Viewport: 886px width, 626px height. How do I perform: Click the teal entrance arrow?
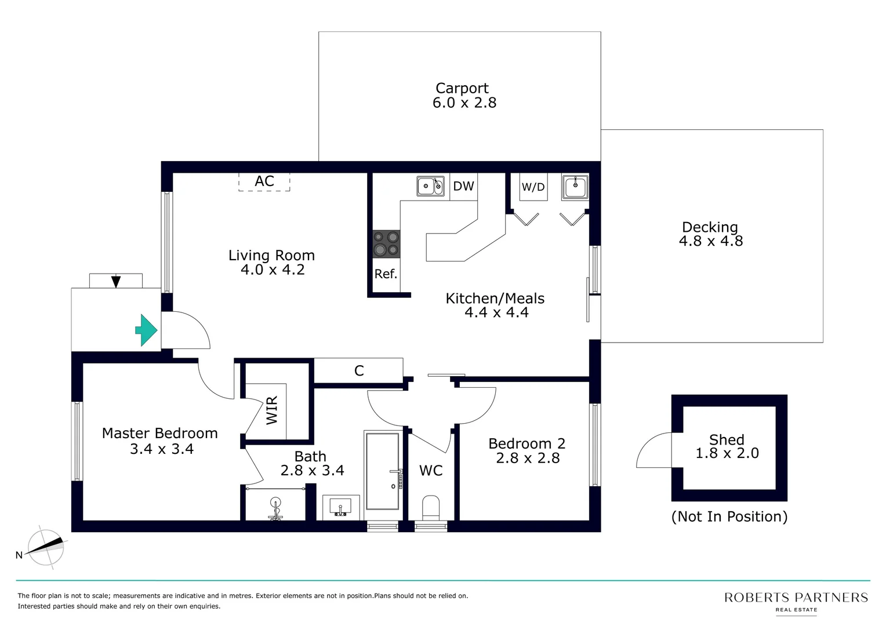pyautogui.click(x=146, y=330)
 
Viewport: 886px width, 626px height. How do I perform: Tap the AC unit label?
pyautogui.click(x=264, y=181)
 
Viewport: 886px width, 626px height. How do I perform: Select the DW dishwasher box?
pyautogui.click(x=463, y=186)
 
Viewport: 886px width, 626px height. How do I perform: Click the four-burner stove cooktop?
pyautogui.click(x=386, y=243)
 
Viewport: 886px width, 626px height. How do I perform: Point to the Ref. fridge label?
pyautogui.click(x=386, y=274)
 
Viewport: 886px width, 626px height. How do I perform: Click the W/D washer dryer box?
pyautogui.click(x=533, y=187)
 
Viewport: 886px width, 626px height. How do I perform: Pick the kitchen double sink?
pyautogui.click(x=430, y=186)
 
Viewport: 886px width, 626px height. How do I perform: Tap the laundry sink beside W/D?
pyautogui.click(x=575, y=187)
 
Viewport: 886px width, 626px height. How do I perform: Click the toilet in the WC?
pyautogui.click(x=431, y=507)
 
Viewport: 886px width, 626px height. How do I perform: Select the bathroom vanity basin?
pyautogui.click(x=341, y=507)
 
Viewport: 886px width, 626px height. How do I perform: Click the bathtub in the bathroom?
pyautogui.click(x=383, y=471)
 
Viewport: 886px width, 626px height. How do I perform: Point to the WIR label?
pyautogui.click(x=272, y=410)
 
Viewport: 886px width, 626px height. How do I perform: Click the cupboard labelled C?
pyautogui.click(x=359, y=371)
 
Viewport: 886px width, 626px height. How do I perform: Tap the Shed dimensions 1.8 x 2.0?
pyautogui.click(x=727, y=453)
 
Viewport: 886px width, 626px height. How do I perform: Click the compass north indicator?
pyautogui.click(x=46, y=547)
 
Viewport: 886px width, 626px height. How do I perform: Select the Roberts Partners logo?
pyautogui.click(x=796, y=600)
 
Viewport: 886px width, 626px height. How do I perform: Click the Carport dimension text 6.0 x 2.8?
pyautogui.click(x=464, y=103)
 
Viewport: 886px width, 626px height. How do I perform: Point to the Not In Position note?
pyautogui.click(x=729, y=516)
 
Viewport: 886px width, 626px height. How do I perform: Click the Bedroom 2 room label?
pyautogui.click(x=526, y=443)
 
